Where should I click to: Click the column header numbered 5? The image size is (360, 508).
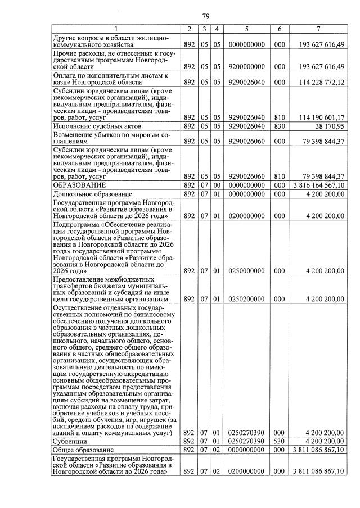coord(246,29)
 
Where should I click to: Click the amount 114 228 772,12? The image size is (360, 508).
coord(318,82)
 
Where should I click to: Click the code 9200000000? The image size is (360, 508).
coord(246,66)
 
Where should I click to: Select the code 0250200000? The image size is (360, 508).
coord(246,299)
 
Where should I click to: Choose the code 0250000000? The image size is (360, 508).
coord(246,270)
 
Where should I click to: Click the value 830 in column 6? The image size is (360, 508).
coord(280,126)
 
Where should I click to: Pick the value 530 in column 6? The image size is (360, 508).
coord(280,442)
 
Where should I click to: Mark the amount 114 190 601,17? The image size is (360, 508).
coord(318,117)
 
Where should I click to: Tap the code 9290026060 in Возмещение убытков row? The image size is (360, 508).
coord(246,142)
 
